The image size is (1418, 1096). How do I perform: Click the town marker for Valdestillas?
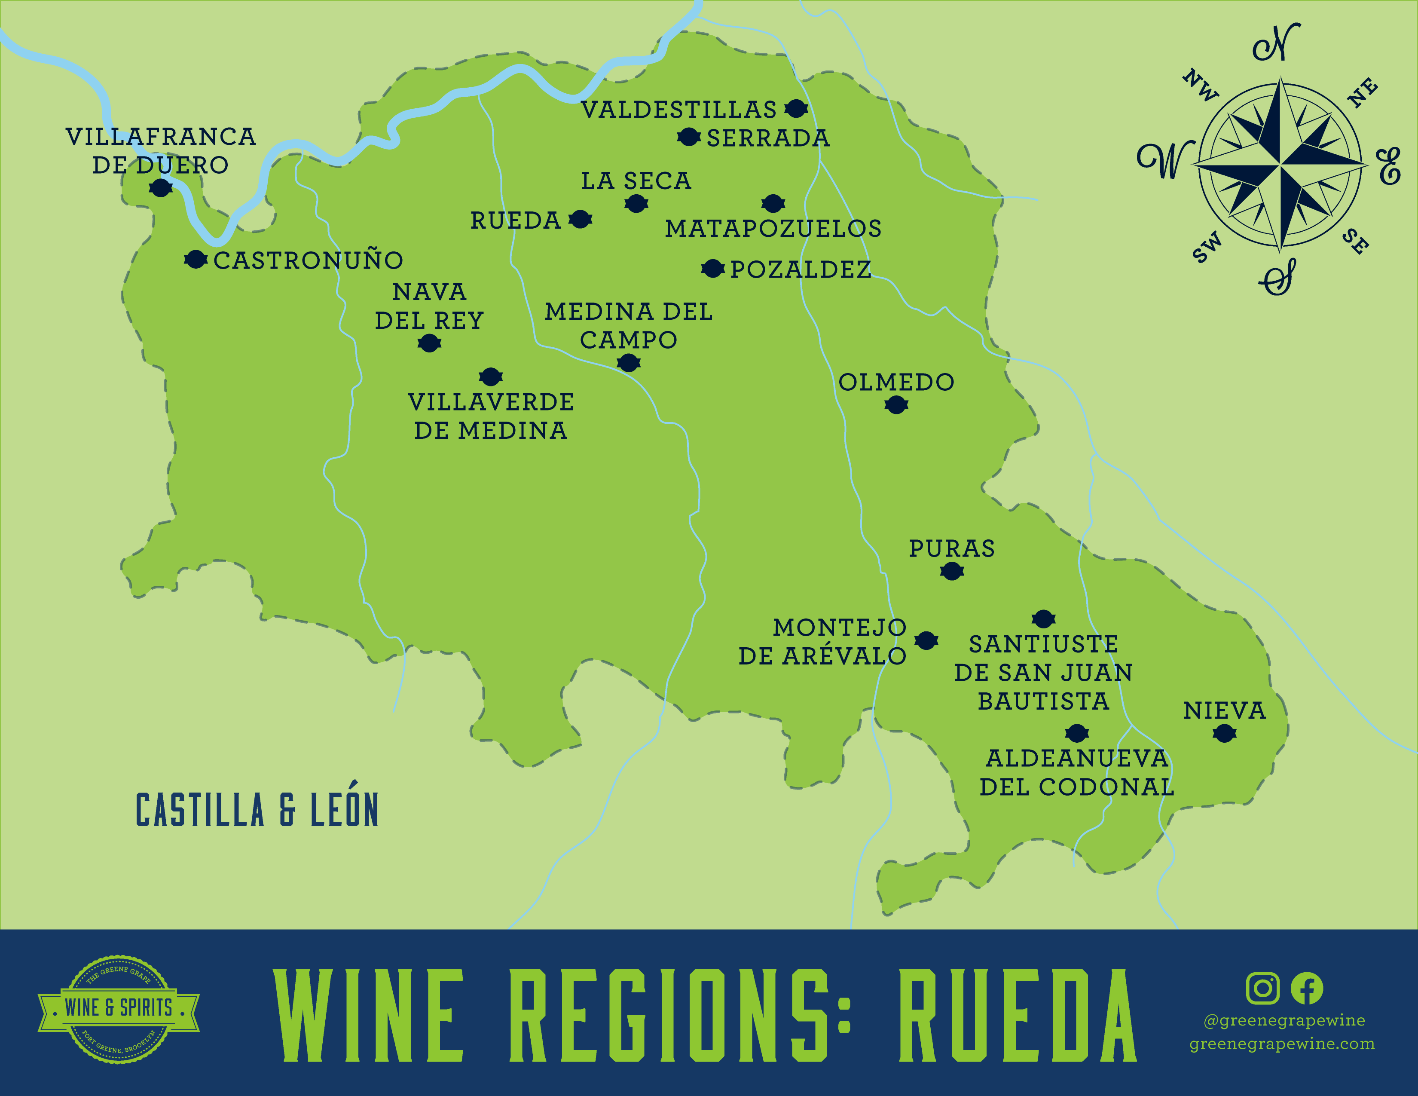[x=796, y=108]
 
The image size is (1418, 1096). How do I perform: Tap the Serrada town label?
[x=768, y=138]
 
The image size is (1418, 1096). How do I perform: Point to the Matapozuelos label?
[x=773, y=229]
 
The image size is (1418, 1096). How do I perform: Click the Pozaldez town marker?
[x=713, y=268]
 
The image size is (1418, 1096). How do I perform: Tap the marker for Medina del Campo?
[x=628, y=362]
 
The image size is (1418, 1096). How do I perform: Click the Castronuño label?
[x=309, y=260]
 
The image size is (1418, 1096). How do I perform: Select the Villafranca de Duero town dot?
[x=160, y=188]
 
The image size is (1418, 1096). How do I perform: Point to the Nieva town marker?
[x=1224, y=734]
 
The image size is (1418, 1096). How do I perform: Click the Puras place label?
[x=951, y=549]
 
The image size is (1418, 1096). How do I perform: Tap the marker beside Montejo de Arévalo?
[x=926, y=641]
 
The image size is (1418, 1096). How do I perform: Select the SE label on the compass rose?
[x=1356, y=242]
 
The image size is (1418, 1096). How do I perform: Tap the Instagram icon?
[x=1263, y=988]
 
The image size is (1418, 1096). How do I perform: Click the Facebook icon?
[x=1306, y=988]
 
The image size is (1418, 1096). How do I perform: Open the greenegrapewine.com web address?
[x=1282, y=1044]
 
